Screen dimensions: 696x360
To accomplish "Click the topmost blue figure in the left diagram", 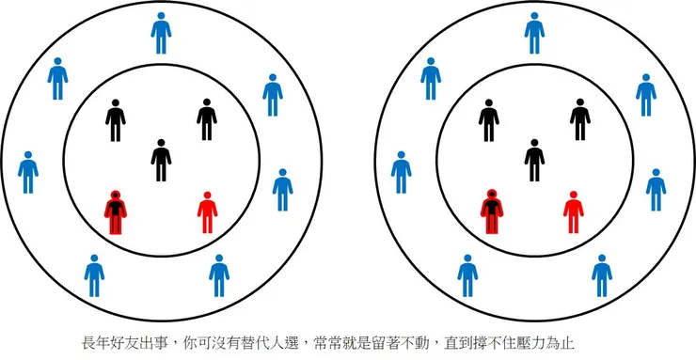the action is [x=162, y=33].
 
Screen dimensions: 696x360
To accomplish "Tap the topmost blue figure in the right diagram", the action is [x=534, y=33].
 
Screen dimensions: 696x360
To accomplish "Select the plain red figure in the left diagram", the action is [x=209, y=211].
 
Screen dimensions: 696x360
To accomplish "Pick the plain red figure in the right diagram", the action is [x=573, y=211].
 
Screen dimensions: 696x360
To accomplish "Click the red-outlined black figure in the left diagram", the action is [x=115, y=212].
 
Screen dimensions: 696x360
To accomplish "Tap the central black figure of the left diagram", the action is [x=161, y=160].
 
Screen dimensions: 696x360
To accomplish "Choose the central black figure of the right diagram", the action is [x=534, y=160].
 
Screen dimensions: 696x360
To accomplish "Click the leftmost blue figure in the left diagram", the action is [x=28, y=171].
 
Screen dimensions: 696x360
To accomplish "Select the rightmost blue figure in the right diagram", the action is [x=656, y=189].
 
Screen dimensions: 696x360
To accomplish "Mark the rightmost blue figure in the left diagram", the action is [x=282, y=189].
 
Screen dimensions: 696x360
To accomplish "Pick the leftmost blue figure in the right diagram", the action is [x=402, y=171].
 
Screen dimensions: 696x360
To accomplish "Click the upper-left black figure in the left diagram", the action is [x=115, y=120].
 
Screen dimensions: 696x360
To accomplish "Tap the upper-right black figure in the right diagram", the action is [x=580, y=120].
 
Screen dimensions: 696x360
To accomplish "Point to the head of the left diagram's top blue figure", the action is [x=162, y=17].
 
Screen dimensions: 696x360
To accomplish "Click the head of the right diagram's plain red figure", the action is [x=573, y=196].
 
